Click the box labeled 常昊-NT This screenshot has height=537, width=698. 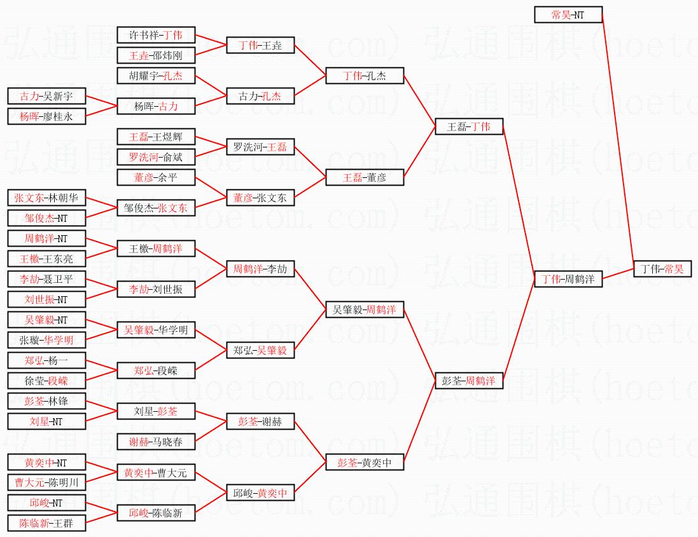click(568, 15)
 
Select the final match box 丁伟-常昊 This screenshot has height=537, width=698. click(662, 269)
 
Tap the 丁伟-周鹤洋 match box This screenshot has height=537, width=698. click(568, 279)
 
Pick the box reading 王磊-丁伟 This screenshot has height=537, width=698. click(469, 126)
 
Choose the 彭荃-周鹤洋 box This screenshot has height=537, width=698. click(469, 381)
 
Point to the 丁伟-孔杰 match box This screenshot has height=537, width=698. click(365, 76)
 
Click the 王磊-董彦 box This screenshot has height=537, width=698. click(365, 178)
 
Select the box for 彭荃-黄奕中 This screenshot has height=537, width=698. click(365, 463)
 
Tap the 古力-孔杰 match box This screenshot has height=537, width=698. click(260, 97)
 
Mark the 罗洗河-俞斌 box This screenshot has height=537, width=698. click(156, 157)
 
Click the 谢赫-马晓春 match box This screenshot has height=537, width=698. click(156, 442)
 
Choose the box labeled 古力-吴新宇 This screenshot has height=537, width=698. click(46, 97)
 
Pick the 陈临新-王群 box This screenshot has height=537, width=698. click(46, 523)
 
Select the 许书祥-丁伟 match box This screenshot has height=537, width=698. click(156, 35)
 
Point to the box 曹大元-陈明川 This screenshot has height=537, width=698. click(46, 482)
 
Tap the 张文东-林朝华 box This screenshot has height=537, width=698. click(46, 198)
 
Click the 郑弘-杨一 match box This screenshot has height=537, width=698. click(46, 360)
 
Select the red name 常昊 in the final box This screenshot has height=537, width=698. click(673, 269)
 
